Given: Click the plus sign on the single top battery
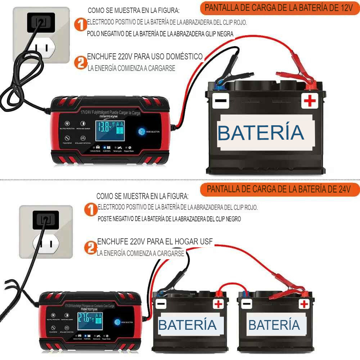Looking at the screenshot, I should tap(310, 101).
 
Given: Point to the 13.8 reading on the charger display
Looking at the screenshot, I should tap(104, 127).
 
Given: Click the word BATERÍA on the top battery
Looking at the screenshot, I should tap(261, 132).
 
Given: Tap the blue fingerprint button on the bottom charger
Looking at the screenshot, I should tap(117, 322).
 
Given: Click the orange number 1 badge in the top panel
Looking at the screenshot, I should tap(81, 25).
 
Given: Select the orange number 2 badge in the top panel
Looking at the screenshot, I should tap(81, 62).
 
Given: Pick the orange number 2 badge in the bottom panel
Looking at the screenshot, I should tap(90, 248).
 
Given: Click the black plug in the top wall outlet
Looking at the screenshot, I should tap(41, 22).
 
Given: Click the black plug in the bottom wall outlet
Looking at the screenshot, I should tap(46, 219).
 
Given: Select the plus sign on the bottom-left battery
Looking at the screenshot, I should tap(218, 304).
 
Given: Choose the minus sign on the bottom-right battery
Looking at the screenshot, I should tap(247, 304).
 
